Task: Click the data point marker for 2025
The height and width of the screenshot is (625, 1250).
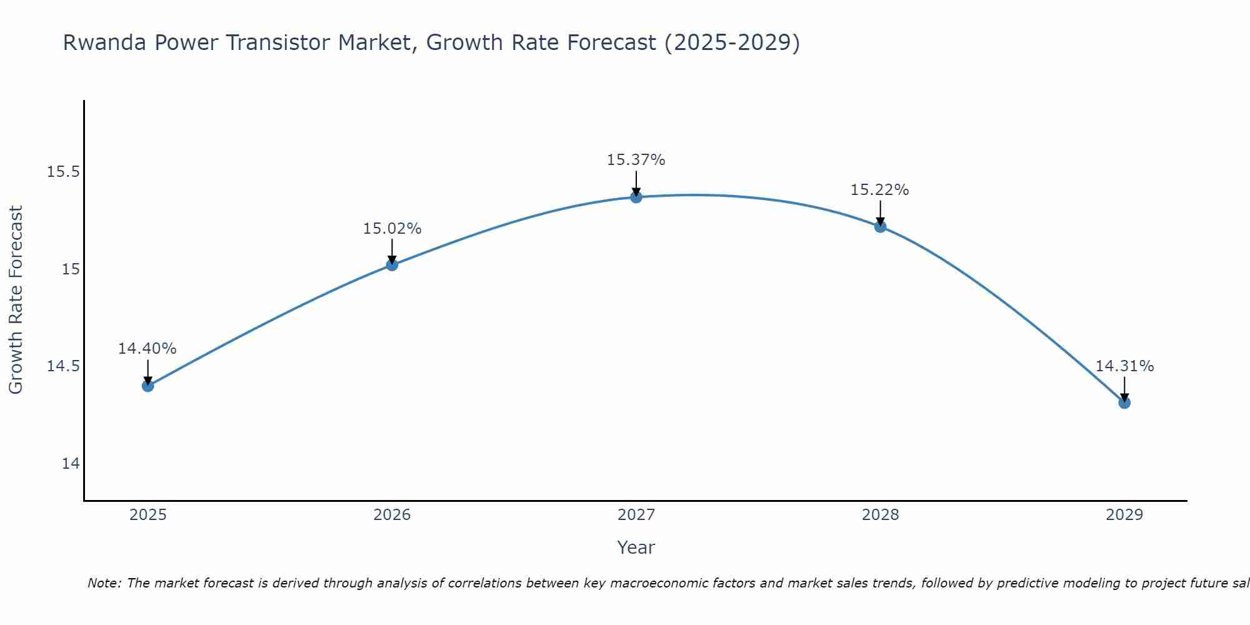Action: click(x=147, y=386)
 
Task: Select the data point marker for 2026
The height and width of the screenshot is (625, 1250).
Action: click(x=392, y=265)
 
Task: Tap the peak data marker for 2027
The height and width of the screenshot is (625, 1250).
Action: click(x=636, y=197)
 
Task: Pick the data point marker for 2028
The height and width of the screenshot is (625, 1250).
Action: click(x=880, y=226)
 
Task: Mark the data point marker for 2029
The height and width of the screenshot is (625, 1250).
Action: click(x=1124, y=402)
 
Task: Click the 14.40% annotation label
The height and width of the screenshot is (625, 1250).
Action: click(x=147, y=349)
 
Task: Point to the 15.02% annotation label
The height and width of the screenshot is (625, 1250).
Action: click(x=392, y=229)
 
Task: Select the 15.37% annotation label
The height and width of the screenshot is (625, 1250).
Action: click(x=636, y=160)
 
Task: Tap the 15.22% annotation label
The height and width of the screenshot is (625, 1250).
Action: click(x=880, y=190)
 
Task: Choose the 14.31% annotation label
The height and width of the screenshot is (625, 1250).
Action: click(x=1124, y=366)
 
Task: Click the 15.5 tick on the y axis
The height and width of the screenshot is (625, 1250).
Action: click(x=63, y=172)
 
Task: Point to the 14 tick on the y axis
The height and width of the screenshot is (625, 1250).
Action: click(x=71, y=464)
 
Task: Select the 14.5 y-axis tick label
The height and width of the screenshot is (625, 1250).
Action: click(x=63, y=366)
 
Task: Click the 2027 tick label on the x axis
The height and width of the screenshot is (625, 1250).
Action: click(x=636, y=515)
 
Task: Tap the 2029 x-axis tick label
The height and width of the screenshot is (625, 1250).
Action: click(x=1124, y=515)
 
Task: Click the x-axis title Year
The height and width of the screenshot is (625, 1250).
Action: click(x=636, y=547)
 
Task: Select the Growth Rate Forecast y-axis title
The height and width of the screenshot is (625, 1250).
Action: click(x=16, y=300)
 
